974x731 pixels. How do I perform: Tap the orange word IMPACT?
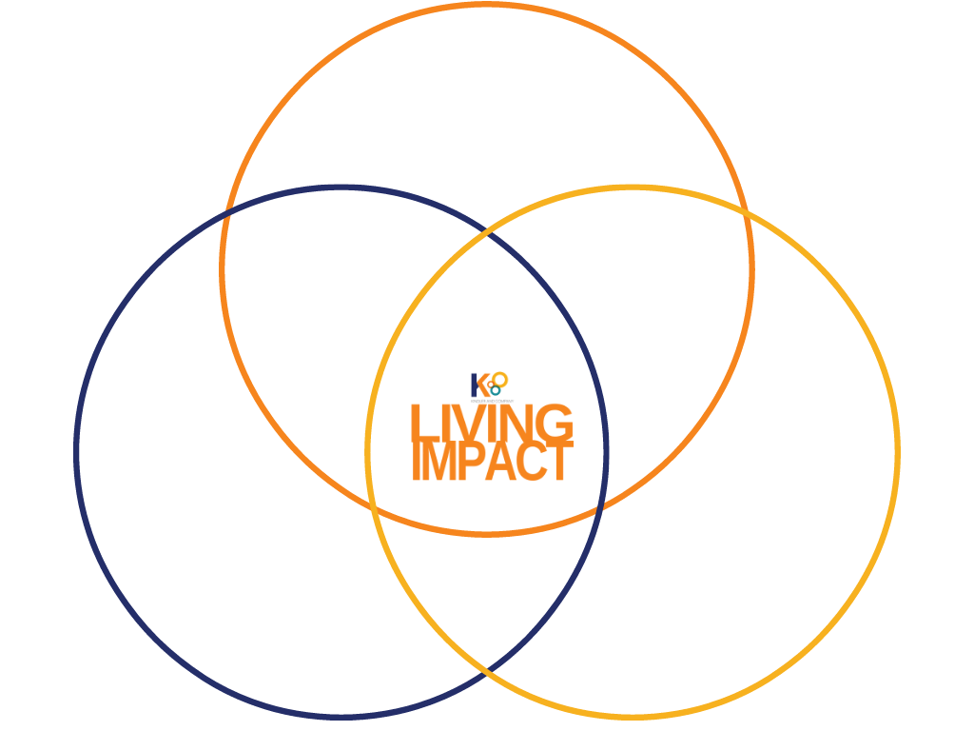click(492, 462)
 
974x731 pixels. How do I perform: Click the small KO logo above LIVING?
click(490, 385)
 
